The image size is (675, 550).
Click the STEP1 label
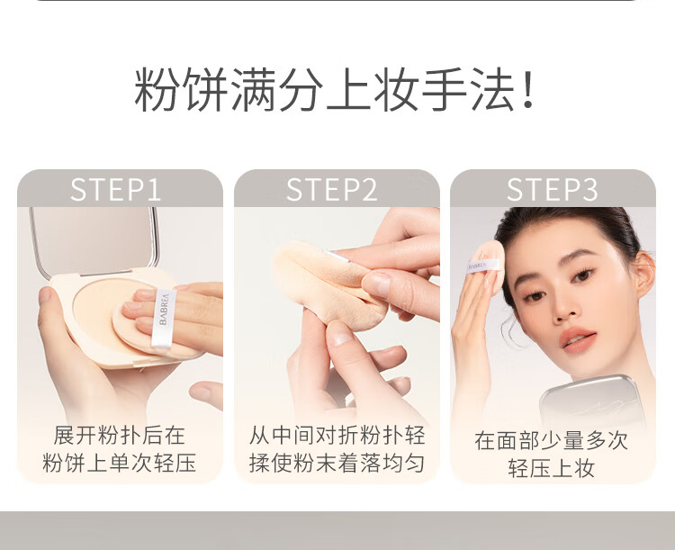coord(115,190)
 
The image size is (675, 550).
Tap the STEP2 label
coord(331,190)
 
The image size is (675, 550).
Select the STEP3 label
coord(553,190)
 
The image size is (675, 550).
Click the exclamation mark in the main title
coord(526,90)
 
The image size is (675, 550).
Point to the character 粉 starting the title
coord(157,90)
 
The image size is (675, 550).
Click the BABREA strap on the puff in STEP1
coord(164,318)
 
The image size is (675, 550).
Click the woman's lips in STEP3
coord(579,339)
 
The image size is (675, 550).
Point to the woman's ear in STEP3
coord(644,275)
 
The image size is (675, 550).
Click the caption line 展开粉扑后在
coord(119,435)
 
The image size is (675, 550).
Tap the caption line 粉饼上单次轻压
coord(119,463)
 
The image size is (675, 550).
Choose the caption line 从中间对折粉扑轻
coord(337,435)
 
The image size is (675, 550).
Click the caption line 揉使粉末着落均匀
coord(337,463)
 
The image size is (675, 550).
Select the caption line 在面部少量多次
coord(552,440)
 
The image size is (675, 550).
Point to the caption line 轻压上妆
coord(552,468)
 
